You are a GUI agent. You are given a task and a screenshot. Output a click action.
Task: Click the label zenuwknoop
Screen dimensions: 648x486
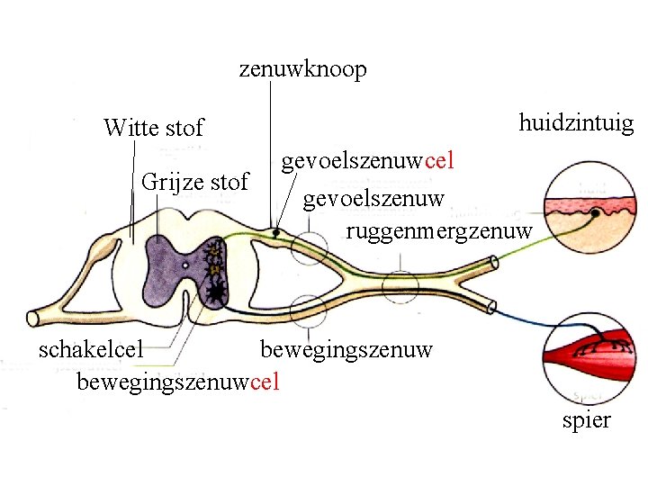click(302, 70)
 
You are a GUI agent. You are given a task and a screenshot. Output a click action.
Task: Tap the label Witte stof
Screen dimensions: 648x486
click(153, 128)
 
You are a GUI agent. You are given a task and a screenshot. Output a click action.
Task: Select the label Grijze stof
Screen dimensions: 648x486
click(194, 183)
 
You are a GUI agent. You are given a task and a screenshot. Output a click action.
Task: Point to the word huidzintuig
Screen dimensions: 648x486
click(576, 123)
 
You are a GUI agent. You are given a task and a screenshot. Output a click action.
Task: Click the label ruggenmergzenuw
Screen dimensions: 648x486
click(439, 229)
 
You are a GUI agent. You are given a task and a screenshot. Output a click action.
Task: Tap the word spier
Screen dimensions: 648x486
click(586, 419)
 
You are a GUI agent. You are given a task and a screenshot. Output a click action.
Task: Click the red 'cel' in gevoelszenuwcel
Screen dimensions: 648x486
click(439, 162)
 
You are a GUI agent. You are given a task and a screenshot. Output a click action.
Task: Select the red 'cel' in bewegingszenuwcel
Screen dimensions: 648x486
click(265, 382)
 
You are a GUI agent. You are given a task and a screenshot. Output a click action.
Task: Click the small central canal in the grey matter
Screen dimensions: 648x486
click(184, 265)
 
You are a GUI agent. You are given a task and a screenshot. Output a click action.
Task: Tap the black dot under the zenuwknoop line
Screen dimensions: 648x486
click(276, 232)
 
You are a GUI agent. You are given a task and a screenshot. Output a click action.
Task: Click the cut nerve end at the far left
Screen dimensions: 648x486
click(34, 318)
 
